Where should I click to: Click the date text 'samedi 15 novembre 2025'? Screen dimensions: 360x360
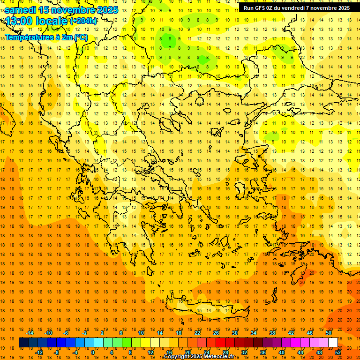[61, 10]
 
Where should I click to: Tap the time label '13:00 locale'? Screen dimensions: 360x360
[37, 21]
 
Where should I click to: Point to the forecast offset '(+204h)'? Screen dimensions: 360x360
[83, 21]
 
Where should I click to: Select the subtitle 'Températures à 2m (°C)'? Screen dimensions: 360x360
[46, 37]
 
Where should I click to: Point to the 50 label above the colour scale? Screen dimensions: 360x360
[328, 332]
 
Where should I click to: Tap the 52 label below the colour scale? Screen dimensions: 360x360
[338, 352]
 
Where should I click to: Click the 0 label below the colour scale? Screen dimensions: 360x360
[93, 352]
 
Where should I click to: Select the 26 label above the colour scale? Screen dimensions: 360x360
[216, 332]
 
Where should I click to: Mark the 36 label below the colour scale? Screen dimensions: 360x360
[263, 352]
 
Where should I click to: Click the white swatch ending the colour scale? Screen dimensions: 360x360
[333, 342]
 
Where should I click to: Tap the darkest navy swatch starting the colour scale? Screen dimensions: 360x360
[23, 342]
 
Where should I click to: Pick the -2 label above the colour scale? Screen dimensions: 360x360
[85, 332]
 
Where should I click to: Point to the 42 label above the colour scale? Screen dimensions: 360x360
[291, 332]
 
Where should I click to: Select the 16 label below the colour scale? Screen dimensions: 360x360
[169, 352]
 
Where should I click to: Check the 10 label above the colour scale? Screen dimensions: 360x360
[141, 332]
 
